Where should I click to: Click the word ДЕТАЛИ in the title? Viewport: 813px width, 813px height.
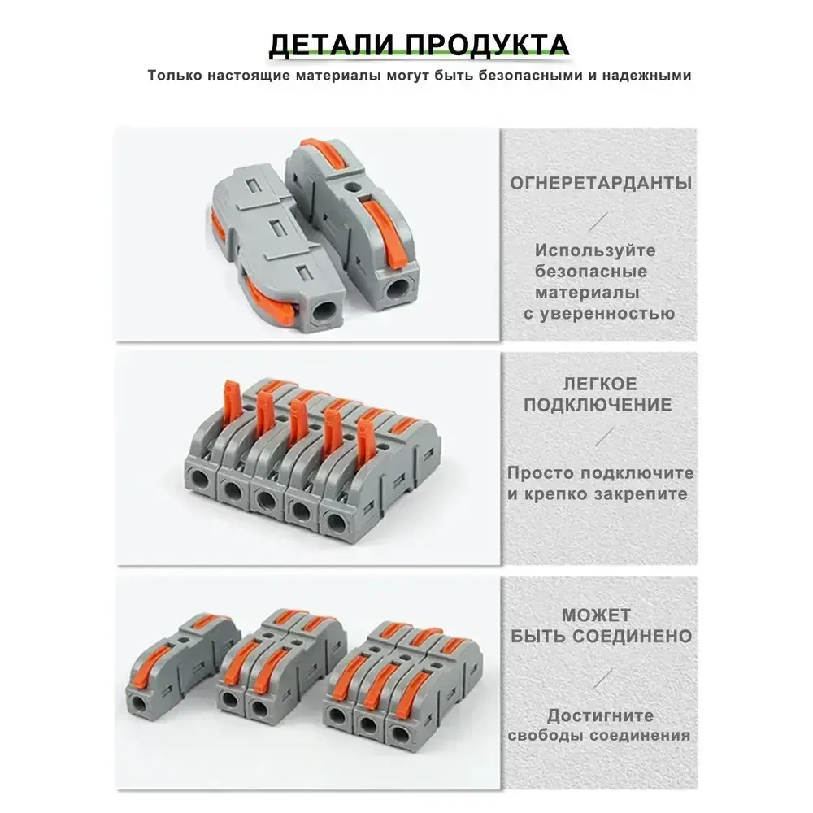(328, 44)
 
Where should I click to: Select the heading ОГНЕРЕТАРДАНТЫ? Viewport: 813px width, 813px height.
(601, 183)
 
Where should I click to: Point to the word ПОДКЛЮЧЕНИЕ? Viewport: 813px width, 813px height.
(598, 405)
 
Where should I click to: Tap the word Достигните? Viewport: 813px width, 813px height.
(599, 716)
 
